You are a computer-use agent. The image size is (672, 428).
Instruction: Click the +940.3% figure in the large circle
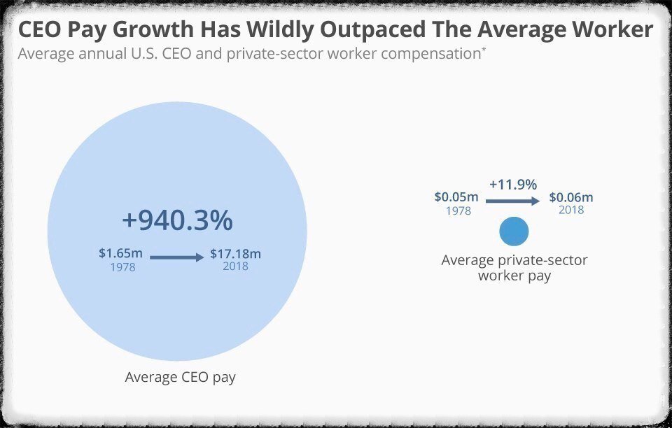coord(177,221)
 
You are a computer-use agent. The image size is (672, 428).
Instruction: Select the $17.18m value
coord(235,253)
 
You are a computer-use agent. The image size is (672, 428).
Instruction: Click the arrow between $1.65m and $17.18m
coord(177,257)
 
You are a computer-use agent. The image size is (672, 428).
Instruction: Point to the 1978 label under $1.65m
coord(122,266)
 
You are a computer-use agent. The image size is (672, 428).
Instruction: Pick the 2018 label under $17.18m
coord(235,266)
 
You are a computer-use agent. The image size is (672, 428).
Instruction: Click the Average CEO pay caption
coord(180,377)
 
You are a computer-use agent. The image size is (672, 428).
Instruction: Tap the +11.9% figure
coord(513,185)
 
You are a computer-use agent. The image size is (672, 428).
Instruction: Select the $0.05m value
coord(456,197)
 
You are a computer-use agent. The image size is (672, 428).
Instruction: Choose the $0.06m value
coord(571,197)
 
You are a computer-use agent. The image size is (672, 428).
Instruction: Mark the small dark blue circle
coord(514,231)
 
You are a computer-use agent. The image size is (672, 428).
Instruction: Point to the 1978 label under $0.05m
coord(458,211)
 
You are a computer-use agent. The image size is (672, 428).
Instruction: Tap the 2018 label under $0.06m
coord(571,210)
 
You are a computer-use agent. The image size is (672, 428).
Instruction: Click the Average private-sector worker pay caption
coord(514,268)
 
